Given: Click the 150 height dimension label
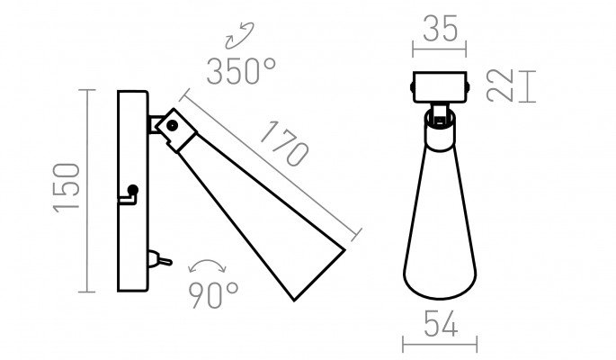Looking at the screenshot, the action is [67, 188].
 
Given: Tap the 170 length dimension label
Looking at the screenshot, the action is [285, 143].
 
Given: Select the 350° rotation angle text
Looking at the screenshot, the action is [241, 71].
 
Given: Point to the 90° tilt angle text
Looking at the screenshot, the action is [213, 295].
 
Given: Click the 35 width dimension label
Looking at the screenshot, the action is [441, 28].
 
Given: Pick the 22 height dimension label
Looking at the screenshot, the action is [500, 85].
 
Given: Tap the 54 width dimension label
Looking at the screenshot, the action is [441, 324].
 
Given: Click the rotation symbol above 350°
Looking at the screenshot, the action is [239, 36].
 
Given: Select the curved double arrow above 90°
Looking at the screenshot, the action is [207, 265].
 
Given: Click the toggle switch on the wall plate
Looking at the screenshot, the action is [159, 259].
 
